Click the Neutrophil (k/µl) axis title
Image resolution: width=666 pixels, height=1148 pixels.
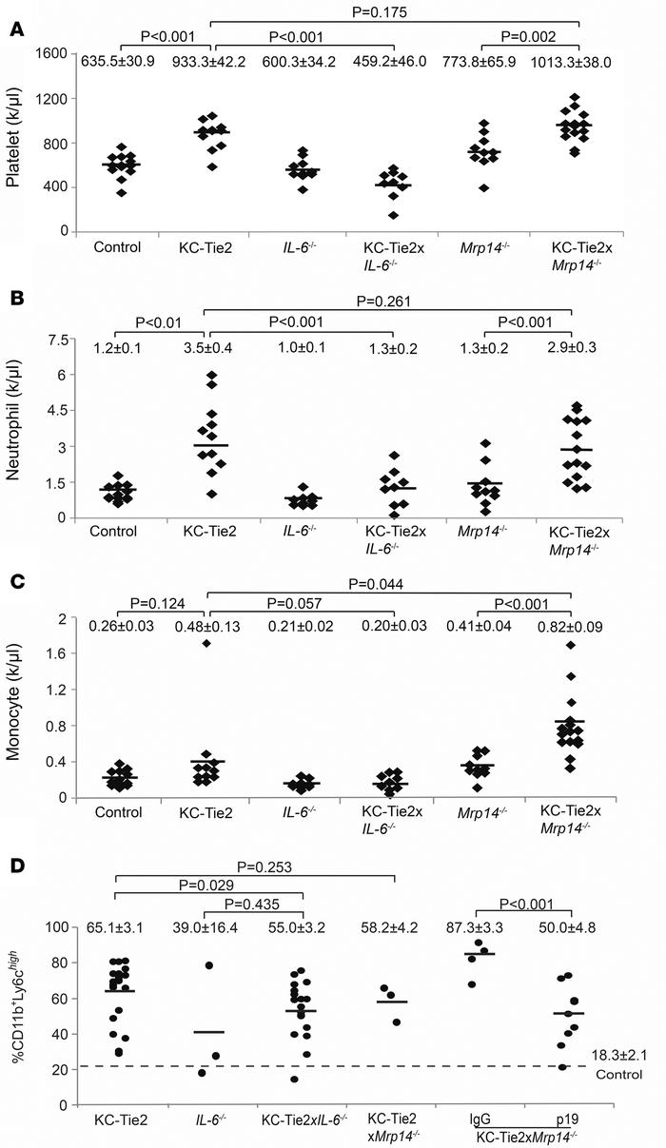point(16,428)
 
